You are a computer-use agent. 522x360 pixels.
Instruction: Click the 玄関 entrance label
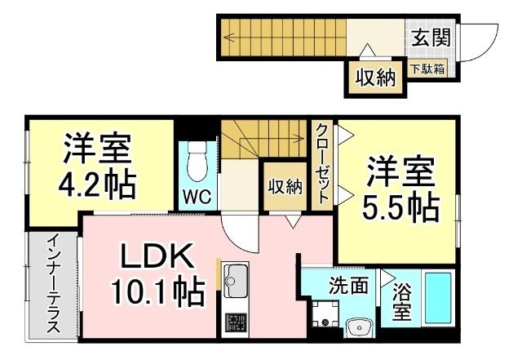pos(431,37)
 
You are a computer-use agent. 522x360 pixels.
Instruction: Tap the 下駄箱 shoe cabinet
pos(427,69)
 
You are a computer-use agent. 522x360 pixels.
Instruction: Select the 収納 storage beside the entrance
pos(375,78)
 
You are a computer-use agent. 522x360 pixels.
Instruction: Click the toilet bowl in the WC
pos(197,161)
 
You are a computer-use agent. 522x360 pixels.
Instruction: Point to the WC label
pos(197,197)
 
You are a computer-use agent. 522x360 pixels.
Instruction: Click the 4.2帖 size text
pos(97,185)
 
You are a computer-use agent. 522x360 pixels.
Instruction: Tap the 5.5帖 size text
pos(400,208)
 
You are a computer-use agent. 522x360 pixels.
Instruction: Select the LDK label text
pos(157,256)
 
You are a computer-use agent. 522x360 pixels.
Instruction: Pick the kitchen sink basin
pos(236,280)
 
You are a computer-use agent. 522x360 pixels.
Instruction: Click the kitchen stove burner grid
pos(236,322)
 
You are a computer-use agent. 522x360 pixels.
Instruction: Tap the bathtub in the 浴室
pos(439,298)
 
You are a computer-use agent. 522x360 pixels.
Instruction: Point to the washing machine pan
pos(325,314)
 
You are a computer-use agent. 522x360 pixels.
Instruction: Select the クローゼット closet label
pos(322,163)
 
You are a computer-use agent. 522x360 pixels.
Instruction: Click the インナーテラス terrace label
pos(53,283)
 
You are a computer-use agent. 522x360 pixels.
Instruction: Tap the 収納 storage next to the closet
pos(285,186)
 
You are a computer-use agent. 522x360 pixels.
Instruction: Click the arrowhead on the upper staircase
pos(228,37)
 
